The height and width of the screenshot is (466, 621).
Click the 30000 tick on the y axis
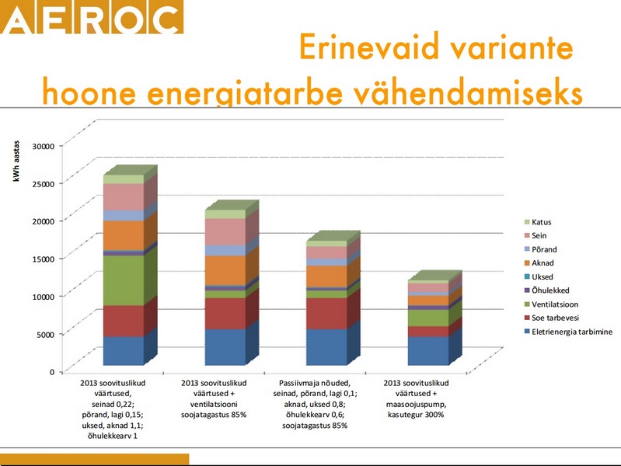pos(43,145)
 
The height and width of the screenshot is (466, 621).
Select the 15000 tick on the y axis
pos(43,258)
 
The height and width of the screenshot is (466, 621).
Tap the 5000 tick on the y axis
pos(45,334)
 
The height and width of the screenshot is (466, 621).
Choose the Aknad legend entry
pos(542,263)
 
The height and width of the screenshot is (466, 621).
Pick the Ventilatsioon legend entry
pos(554,304)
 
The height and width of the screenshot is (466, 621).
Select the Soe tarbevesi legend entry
pos(554,318)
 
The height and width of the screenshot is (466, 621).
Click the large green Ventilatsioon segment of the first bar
pos(123,280)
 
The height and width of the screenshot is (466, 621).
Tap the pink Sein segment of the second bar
pos(225,231)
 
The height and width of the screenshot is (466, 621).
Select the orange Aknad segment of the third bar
pos(326,276)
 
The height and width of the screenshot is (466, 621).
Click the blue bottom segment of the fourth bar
pos(427,350)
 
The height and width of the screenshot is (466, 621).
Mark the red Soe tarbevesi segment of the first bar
pos(123,321)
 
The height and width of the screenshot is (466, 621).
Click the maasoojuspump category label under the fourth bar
pos(418,404)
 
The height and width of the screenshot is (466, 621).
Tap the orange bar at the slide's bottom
pos(94,460)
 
